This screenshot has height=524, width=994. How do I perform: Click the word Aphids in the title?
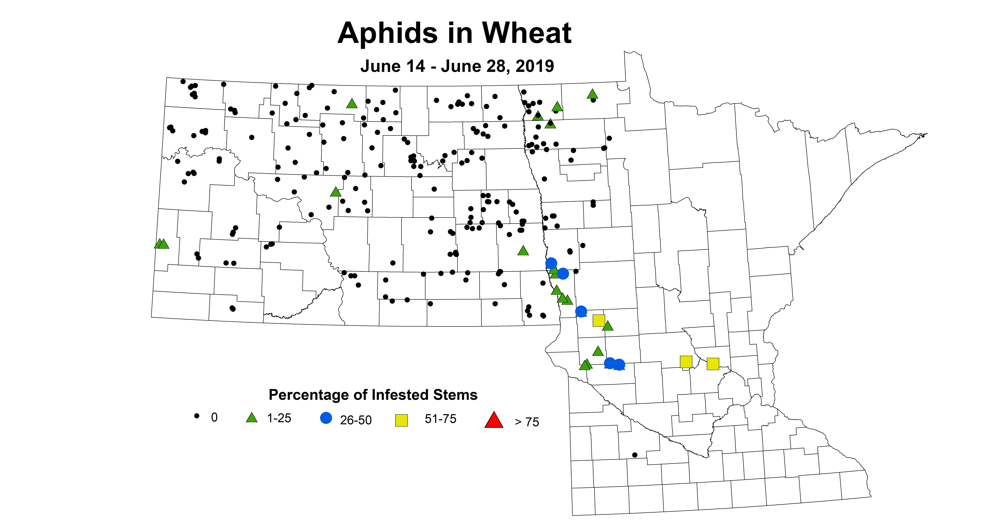[388, 34]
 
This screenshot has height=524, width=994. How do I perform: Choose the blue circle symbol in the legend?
[326, 418]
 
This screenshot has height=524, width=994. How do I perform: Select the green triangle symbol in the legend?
[252, 418]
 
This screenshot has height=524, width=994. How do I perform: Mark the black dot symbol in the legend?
[197, 416]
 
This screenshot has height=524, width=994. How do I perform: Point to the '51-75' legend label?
[440, 419]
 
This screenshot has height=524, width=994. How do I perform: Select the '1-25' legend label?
[279, 418]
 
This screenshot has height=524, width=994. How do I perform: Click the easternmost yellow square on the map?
[713, 364]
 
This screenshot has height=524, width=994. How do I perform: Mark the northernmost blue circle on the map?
[551, 263]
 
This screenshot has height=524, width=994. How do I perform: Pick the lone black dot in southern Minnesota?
[635, 455]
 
